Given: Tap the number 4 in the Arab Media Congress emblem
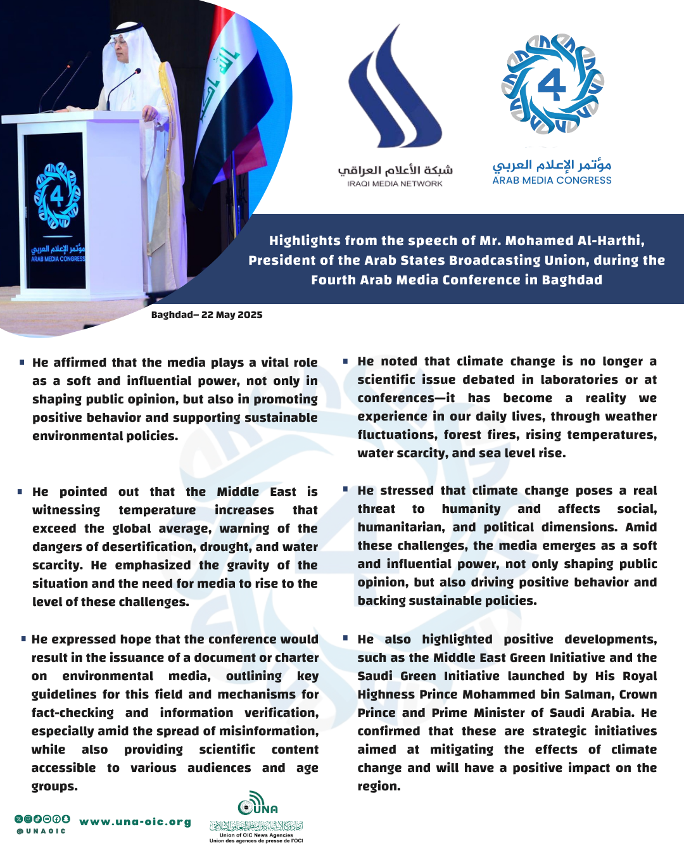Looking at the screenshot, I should (552, 84).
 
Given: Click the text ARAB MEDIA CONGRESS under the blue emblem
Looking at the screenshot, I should (552, 180).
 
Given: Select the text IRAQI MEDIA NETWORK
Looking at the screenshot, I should (395, 184).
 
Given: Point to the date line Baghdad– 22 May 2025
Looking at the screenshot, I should (206, 315).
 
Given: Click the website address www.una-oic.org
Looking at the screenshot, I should (135, 822).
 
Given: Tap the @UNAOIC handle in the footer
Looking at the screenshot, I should (41, 832).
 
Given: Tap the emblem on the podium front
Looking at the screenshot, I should (57, 196).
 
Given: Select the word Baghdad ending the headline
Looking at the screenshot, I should (572, 280).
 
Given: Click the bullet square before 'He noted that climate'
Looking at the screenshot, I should (345, 361).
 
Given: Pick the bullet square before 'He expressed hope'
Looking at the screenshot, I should (23, 639).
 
